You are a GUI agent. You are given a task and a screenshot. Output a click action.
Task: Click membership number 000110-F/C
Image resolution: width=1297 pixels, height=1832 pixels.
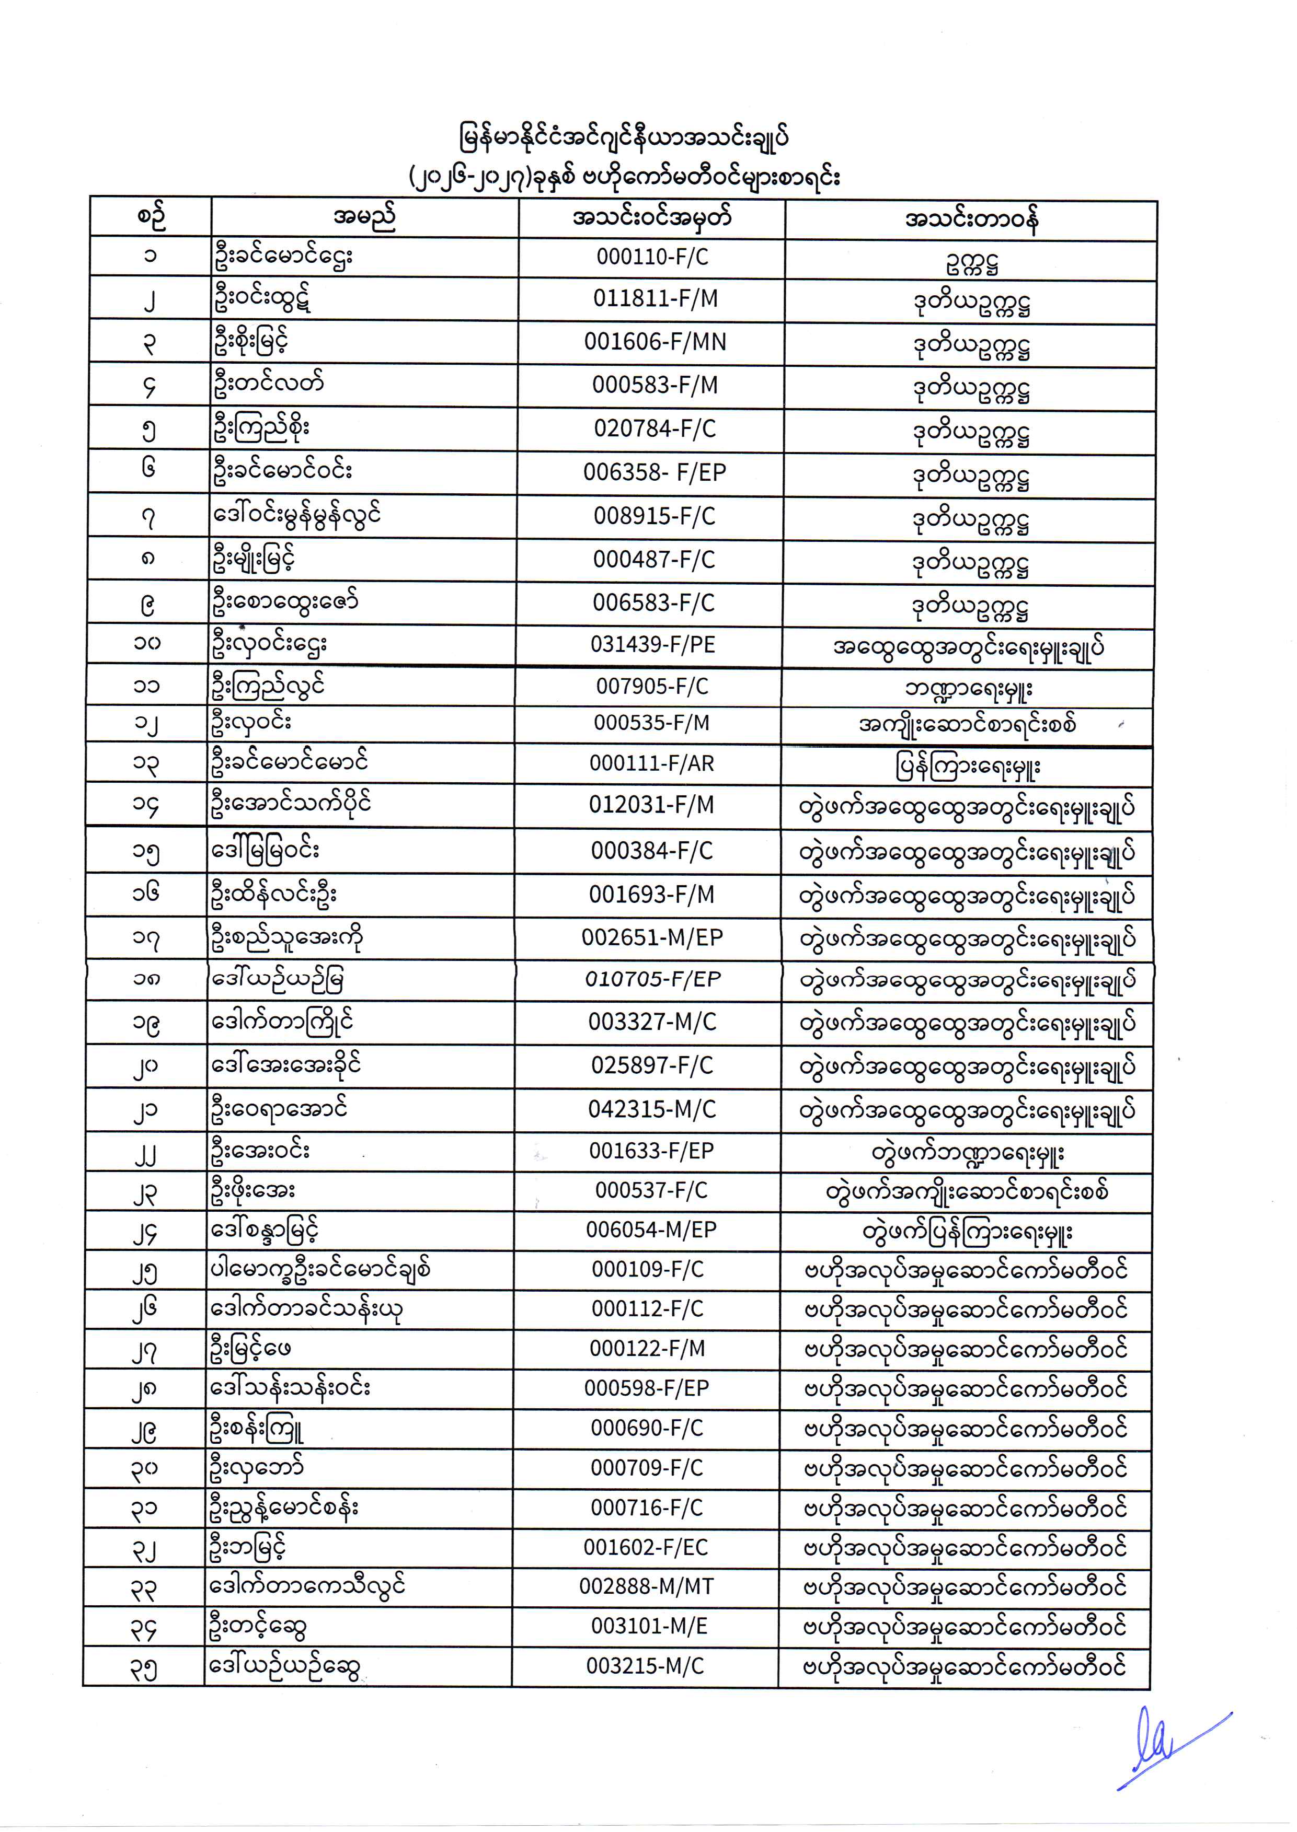[652, 257]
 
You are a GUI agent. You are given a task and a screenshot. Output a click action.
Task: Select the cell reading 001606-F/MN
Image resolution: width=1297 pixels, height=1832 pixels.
[655, 342]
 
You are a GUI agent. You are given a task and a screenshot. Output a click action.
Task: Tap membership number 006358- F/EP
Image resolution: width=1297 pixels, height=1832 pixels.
[654, 472]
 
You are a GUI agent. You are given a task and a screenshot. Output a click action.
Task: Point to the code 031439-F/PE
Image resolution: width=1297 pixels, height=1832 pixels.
[652, 645]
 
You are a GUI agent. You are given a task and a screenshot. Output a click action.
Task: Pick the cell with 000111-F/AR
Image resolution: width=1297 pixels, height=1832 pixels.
[651, 764]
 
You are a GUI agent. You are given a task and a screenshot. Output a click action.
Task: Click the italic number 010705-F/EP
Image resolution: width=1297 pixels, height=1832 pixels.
[652, 979]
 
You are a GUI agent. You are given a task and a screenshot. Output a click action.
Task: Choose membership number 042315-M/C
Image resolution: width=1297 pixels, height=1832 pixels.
[652, 1109]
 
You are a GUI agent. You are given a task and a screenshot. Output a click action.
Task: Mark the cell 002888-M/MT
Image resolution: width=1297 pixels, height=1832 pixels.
[647, 1586]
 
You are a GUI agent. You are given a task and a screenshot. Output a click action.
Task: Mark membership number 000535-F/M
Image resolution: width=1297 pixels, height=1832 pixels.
[651, 723]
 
